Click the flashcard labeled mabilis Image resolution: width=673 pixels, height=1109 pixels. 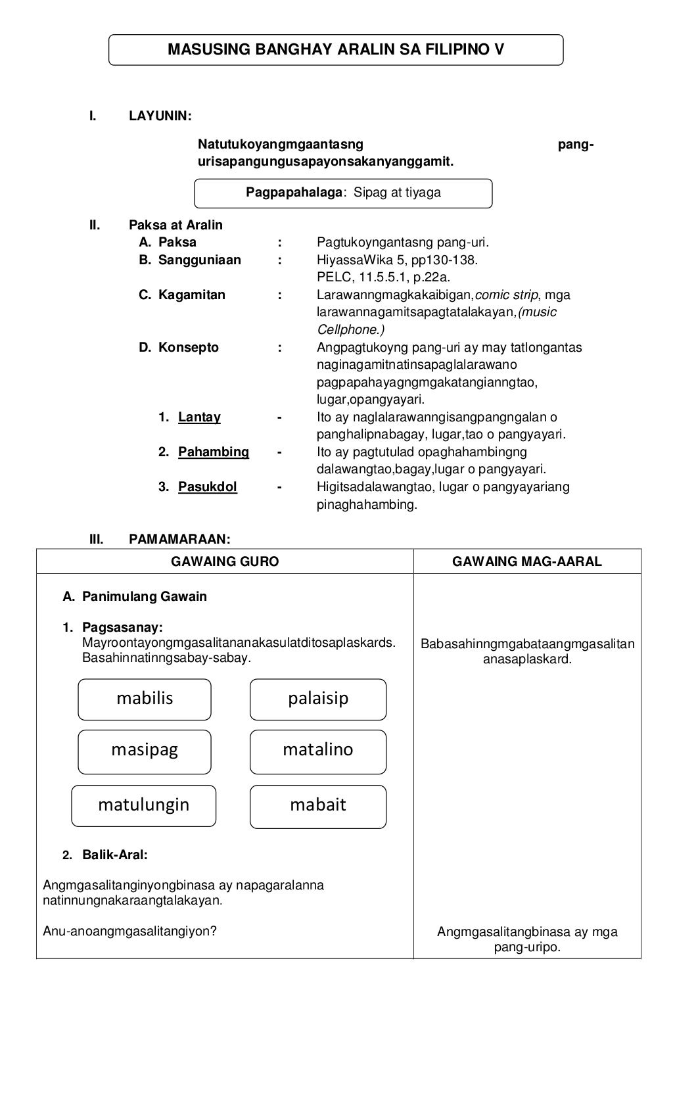[145, 699]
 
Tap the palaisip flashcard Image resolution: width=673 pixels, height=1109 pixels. [318, 699]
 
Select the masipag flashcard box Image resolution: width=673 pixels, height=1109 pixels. [145, 751]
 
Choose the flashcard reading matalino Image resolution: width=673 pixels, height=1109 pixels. [318, 751]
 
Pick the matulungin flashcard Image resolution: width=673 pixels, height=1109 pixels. [144, 805]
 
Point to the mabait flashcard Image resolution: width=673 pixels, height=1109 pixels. [318, 805]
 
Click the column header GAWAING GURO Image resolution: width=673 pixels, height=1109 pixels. [225, 561]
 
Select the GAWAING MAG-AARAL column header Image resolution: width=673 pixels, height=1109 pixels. [527, 561]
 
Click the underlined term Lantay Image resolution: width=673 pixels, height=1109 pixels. [199, 417]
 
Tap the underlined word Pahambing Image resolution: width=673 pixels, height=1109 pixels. [214, 452]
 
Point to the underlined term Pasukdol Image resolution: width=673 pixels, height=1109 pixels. [208, 487]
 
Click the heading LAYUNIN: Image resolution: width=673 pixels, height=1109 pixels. [160, 116]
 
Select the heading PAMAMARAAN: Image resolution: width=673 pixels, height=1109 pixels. [179, 540]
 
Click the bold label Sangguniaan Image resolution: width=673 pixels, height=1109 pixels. [199, 260]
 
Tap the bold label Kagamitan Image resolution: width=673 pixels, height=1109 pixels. [191, 295]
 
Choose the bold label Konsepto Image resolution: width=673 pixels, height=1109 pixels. [188, 348]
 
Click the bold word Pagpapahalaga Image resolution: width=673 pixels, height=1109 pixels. [294, 193]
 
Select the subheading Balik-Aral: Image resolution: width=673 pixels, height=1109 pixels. [114, 855]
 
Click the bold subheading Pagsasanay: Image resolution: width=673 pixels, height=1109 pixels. [122, 628]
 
